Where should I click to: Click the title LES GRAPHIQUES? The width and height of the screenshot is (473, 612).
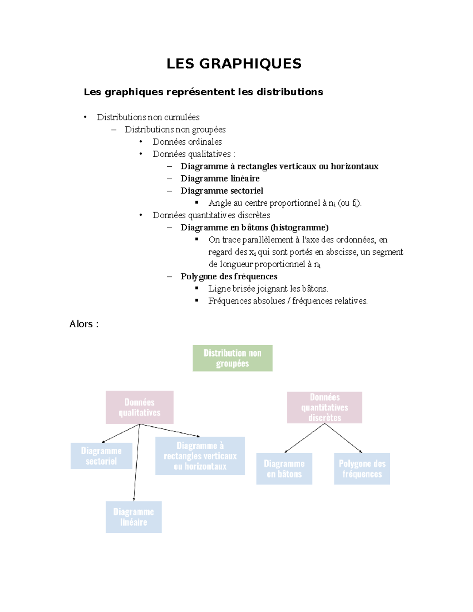[x=234, y=64]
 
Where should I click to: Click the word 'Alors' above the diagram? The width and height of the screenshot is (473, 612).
[x=81, y=324]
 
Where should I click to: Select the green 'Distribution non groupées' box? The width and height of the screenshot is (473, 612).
[x=233, y=358]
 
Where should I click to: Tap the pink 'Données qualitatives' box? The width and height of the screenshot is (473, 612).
[x=140, y=407]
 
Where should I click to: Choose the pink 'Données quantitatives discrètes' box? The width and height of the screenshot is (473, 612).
[x=324, y=407]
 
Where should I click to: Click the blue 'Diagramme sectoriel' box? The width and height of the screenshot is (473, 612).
[x=101, y=456]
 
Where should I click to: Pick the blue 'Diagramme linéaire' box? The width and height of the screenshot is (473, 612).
[x=134, y=517]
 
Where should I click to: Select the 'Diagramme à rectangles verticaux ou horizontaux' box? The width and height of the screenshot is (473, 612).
[x=200, y=456]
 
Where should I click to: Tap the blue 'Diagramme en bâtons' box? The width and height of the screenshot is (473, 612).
[x=284, y=469]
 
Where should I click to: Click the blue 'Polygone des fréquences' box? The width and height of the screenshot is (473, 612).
[x=362, y=469]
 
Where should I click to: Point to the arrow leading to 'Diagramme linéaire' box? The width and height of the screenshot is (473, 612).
[x=136, y=463]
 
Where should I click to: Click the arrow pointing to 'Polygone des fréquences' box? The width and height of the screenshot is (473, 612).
[x=343, y=438]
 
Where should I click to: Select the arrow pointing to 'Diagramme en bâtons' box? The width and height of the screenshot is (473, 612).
[x=304, y=438]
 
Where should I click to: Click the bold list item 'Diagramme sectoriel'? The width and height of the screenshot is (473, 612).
[x=222, y=191]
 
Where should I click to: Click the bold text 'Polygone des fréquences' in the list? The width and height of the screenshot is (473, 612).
[x=229, y=276]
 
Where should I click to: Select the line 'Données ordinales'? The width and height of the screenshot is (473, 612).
[x=187, y=142]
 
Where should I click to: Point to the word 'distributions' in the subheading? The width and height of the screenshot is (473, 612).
[x=290, y=92]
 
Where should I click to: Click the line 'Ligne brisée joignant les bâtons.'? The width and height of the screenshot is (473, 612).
[x=268, y=288]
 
